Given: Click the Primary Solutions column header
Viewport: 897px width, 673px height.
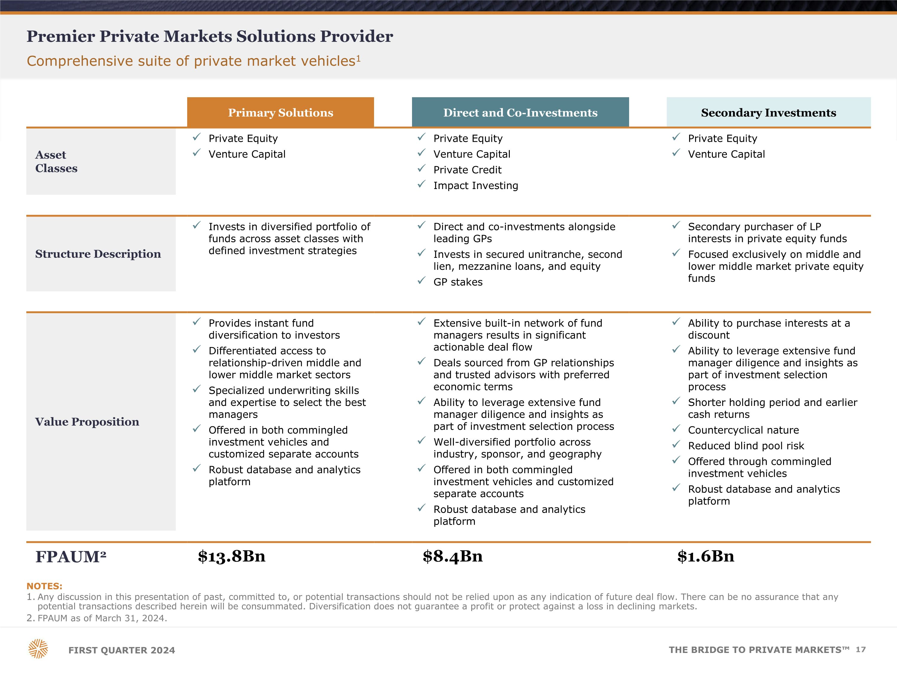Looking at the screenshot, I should (280, 112).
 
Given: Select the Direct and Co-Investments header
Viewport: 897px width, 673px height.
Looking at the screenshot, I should (520, 112).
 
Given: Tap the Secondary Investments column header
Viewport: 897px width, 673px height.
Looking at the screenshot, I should (768, 112).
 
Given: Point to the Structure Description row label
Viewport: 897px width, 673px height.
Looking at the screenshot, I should (98, 254).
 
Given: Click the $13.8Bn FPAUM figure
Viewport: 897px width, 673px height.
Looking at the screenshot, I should (231, 556).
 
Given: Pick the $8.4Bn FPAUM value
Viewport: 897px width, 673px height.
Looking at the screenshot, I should (453, 556).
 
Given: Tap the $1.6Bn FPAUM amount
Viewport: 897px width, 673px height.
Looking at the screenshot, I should (706, 556).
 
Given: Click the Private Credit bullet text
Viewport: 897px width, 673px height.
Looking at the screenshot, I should (467, 170).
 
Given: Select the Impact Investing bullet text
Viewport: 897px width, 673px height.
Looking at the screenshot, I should (476, 186).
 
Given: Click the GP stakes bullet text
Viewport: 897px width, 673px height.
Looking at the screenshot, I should (458, 282).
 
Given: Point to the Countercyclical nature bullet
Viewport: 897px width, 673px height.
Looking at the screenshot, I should (743, 430).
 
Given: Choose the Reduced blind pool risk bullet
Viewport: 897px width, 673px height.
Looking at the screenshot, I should (746, 446).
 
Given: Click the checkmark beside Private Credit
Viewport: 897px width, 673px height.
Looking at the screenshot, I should (421, 168).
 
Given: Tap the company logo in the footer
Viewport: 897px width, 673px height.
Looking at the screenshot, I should (38, 649).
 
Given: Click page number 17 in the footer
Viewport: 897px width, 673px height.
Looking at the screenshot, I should (861, 649).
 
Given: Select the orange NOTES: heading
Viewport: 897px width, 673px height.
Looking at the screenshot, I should (44, 586).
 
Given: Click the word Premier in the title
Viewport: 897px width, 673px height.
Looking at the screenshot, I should (60, 36).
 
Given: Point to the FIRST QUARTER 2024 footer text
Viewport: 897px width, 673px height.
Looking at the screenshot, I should (122, 650).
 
